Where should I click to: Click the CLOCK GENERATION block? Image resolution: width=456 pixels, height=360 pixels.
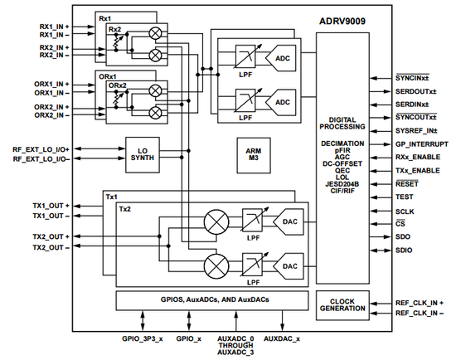point(340,304)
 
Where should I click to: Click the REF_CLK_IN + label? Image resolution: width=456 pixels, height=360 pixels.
point(418,303)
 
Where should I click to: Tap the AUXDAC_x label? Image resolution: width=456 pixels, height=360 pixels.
point(283,339)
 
